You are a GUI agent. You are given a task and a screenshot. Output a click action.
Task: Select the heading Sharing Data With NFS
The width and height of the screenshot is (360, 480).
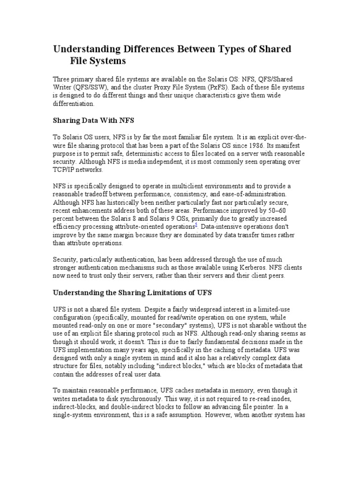[93, 120]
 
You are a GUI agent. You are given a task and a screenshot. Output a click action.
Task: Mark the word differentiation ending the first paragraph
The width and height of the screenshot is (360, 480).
[73, 104]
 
